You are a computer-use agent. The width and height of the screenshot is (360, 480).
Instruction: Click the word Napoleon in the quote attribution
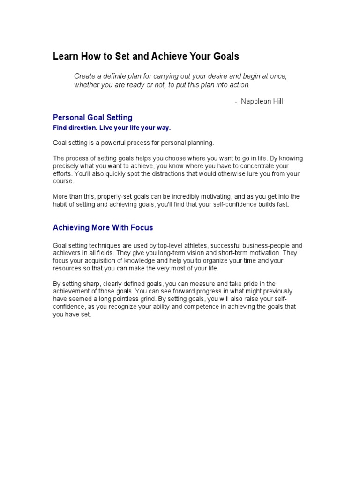coord(256,101)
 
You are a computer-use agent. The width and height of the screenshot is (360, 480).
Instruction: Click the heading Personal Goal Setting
coord(92,118)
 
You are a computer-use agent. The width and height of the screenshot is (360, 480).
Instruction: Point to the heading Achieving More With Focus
coord(103,228)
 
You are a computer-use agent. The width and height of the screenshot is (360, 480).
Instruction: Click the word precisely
coord(66,166)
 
